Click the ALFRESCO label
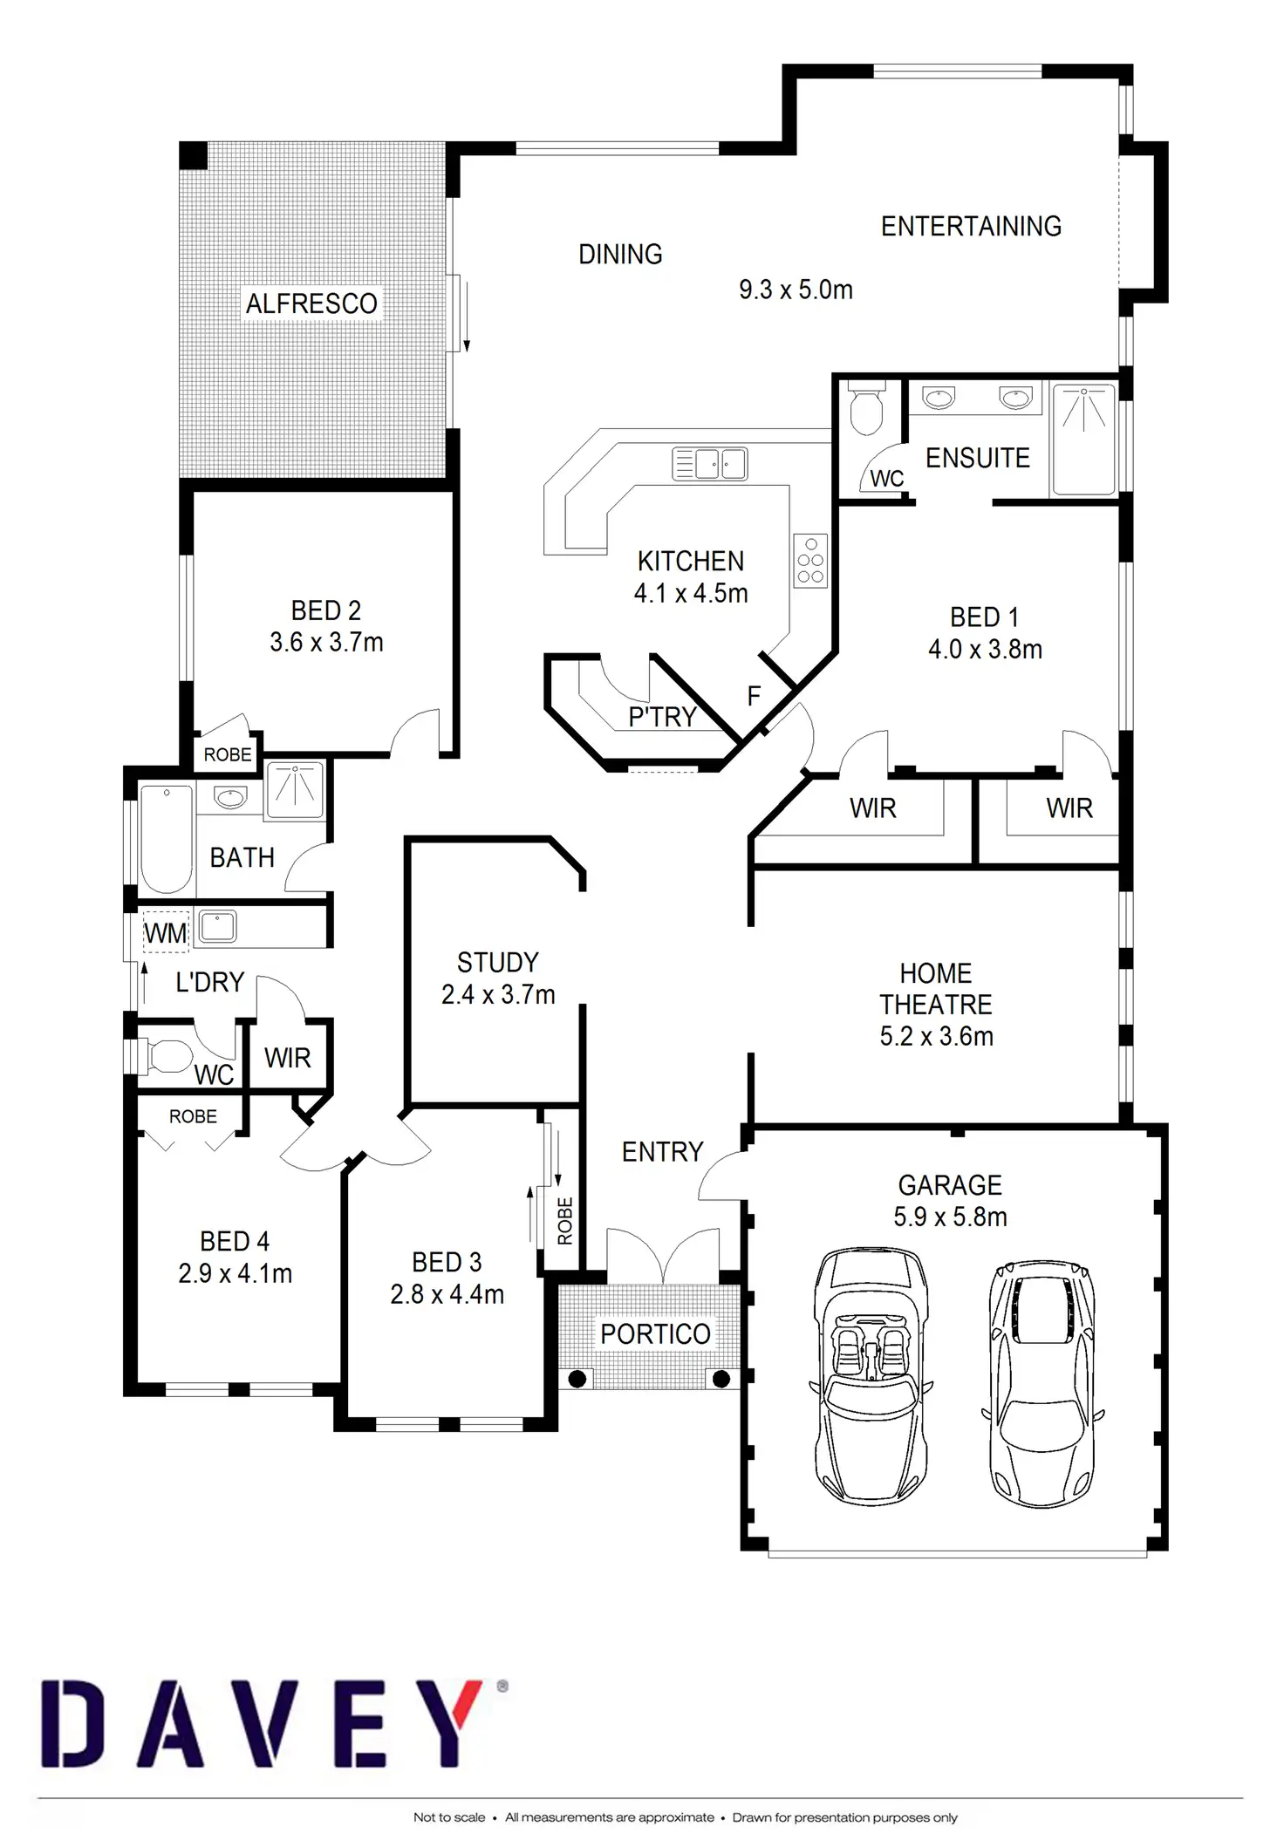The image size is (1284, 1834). (x=311, y=303)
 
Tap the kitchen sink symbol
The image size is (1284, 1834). (x=709, y=464)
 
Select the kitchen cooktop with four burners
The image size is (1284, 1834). (x=810, y=561)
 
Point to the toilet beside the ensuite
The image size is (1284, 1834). (x=866, y=410)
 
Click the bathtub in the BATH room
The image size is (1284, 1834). (x=167, y=839)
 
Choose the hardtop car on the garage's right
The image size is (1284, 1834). (x=1042, y=1382)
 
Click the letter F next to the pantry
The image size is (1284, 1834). (x=755, y=696)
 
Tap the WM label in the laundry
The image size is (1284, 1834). (x=165, y=933)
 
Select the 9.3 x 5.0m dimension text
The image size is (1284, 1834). (x=796, y=290)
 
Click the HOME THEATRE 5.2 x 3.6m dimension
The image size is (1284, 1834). (x=936, y=1036)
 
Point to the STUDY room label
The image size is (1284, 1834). (x=498, y=963)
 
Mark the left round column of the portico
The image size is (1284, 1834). (x=577, y=1379)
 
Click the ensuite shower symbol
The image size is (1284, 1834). (x=1083, y=439)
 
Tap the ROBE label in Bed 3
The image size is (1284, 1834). (x=565, y=1221)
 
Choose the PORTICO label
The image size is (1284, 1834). (x=655, y=1333)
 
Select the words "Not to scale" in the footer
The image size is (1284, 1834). (x=448, y=1817)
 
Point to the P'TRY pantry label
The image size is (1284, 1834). (x=662, y=717)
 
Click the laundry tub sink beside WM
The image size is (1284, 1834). (x=217, y=925)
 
